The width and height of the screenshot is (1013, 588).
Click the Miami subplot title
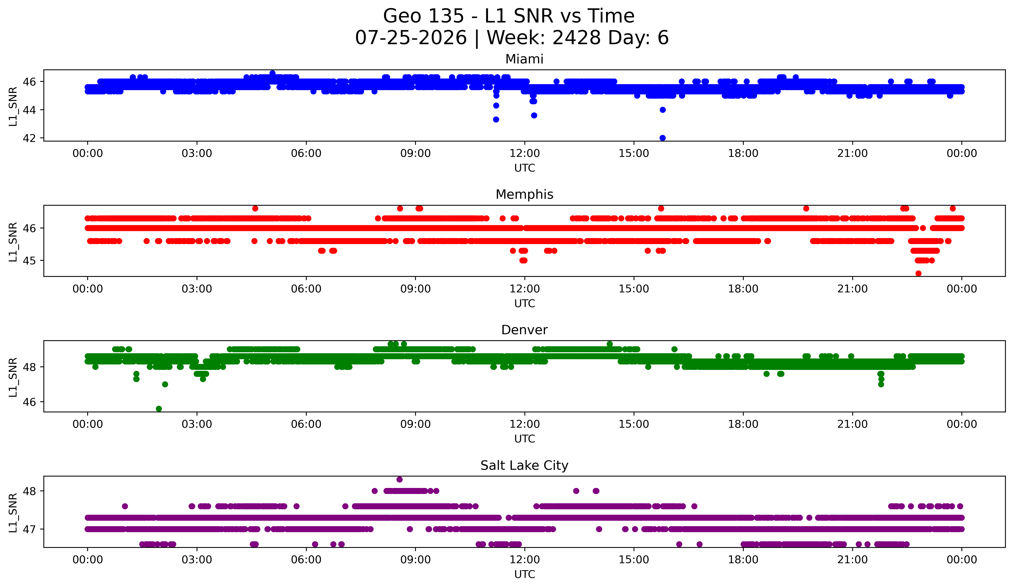524,59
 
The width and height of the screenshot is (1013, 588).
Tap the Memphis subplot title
524,194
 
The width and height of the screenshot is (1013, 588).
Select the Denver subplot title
524,330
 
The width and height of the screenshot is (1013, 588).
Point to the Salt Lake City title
524,465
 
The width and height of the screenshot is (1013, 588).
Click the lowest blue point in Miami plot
662,138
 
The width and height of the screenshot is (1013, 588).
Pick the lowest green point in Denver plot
159,409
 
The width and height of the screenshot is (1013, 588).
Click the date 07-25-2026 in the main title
411,38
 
